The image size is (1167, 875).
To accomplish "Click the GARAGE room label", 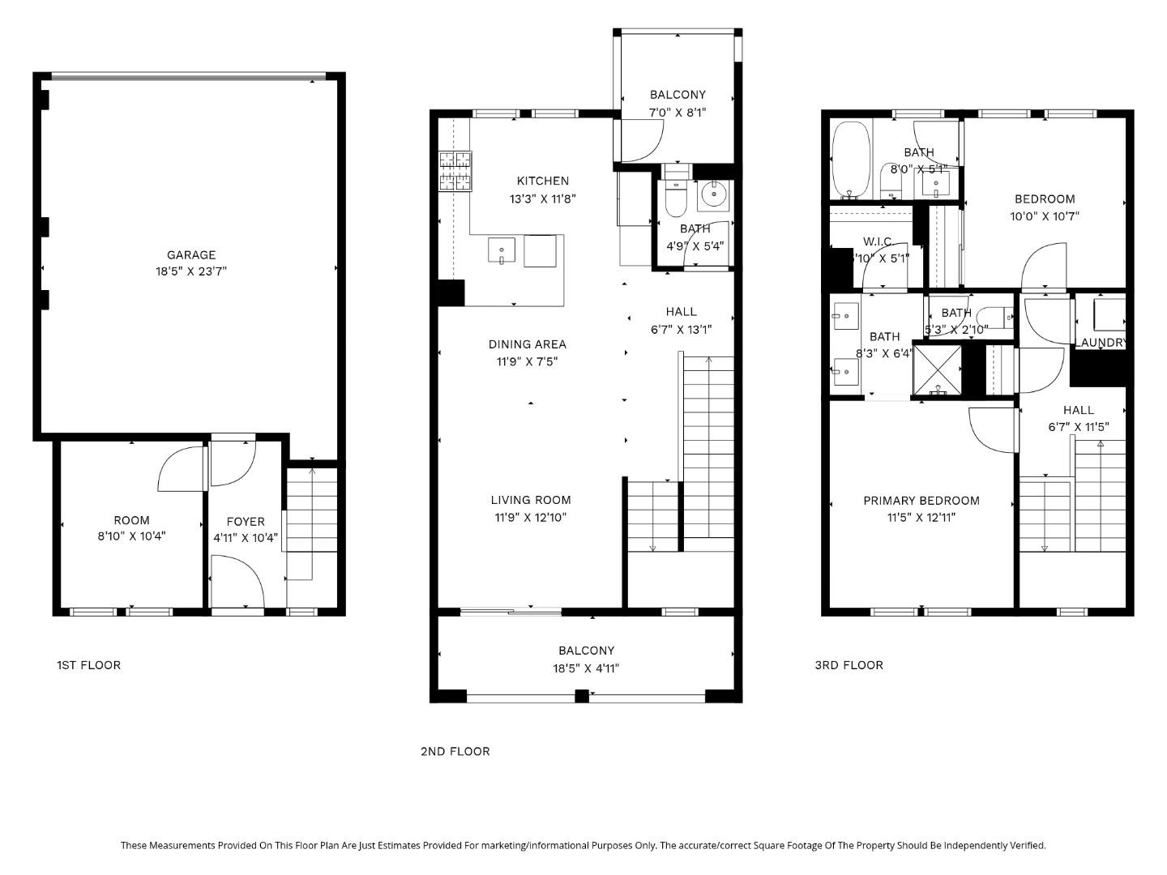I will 191,254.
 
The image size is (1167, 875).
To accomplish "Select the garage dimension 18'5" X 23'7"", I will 191,271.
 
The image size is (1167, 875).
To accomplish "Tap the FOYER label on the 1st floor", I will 245,522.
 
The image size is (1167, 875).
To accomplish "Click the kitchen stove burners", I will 455,172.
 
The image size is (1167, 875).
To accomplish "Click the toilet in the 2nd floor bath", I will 674,198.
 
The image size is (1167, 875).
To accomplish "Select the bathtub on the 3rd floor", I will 851,160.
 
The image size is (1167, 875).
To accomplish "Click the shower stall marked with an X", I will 937,369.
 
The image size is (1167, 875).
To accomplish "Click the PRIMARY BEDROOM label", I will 921,501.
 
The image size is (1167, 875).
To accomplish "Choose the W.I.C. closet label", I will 878,241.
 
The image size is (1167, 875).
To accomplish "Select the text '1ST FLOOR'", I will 88,665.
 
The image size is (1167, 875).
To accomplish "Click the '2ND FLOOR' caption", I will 455,751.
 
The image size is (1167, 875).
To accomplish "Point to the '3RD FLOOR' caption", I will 849,665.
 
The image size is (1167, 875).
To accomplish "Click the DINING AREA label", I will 527,344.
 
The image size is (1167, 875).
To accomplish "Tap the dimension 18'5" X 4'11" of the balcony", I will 586,668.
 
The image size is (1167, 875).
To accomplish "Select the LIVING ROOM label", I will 530,500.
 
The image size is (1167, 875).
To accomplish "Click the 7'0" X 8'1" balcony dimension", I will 677,113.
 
